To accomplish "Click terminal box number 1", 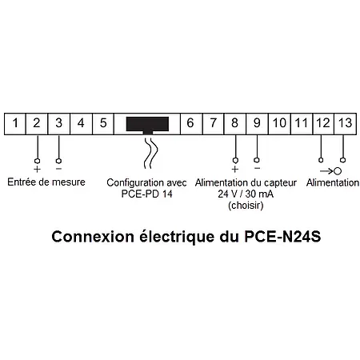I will coord(15,124).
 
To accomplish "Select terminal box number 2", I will coord(37,124).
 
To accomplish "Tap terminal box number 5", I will coord(103,124).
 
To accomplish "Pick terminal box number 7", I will coord(213,124).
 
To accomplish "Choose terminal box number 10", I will coord(278,124).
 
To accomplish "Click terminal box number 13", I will coord(344,124).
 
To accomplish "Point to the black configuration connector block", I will coord(147,125).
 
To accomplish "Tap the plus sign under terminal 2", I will coord(37,169).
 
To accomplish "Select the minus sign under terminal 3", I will coord(59,169).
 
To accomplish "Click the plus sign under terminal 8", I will coord(234,169).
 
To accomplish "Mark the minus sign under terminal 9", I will coord(257,169).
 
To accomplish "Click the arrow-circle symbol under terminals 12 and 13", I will coord(332,170).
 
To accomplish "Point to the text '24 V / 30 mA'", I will coord(246,194).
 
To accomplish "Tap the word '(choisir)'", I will coord(246,205).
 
